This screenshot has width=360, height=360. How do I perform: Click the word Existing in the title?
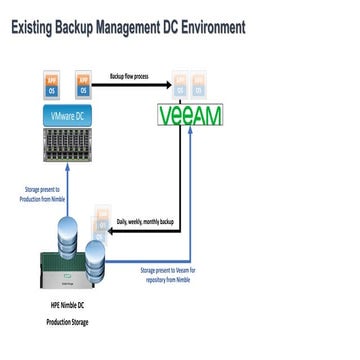[38, 27]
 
